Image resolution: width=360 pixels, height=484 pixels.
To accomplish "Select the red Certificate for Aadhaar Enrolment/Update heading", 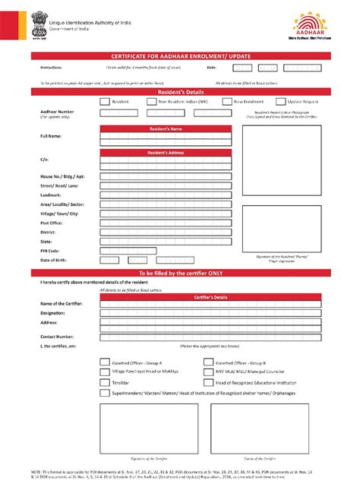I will pyautogui.click(x=180, y=57).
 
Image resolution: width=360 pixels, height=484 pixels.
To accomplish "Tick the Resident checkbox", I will pyautogui.click(x=105, y=100).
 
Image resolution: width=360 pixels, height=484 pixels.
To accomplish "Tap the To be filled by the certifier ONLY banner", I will pyautogui.click(x=180, y=273).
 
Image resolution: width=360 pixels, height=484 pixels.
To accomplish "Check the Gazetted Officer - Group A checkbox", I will pyautogui.click(x=105, y=363).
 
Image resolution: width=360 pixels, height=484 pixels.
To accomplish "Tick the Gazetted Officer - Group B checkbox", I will pyautogui.click(x=208, y=363).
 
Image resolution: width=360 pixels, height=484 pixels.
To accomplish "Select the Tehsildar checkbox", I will pyautogui.click(x=105, y=383).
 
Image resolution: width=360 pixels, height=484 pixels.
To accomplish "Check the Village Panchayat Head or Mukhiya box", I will pyautogui.click(x=105, y=372).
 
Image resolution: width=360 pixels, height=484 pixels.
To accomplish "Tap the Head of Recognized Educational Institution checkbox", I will pyautogui.click(x=208, y=383).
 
